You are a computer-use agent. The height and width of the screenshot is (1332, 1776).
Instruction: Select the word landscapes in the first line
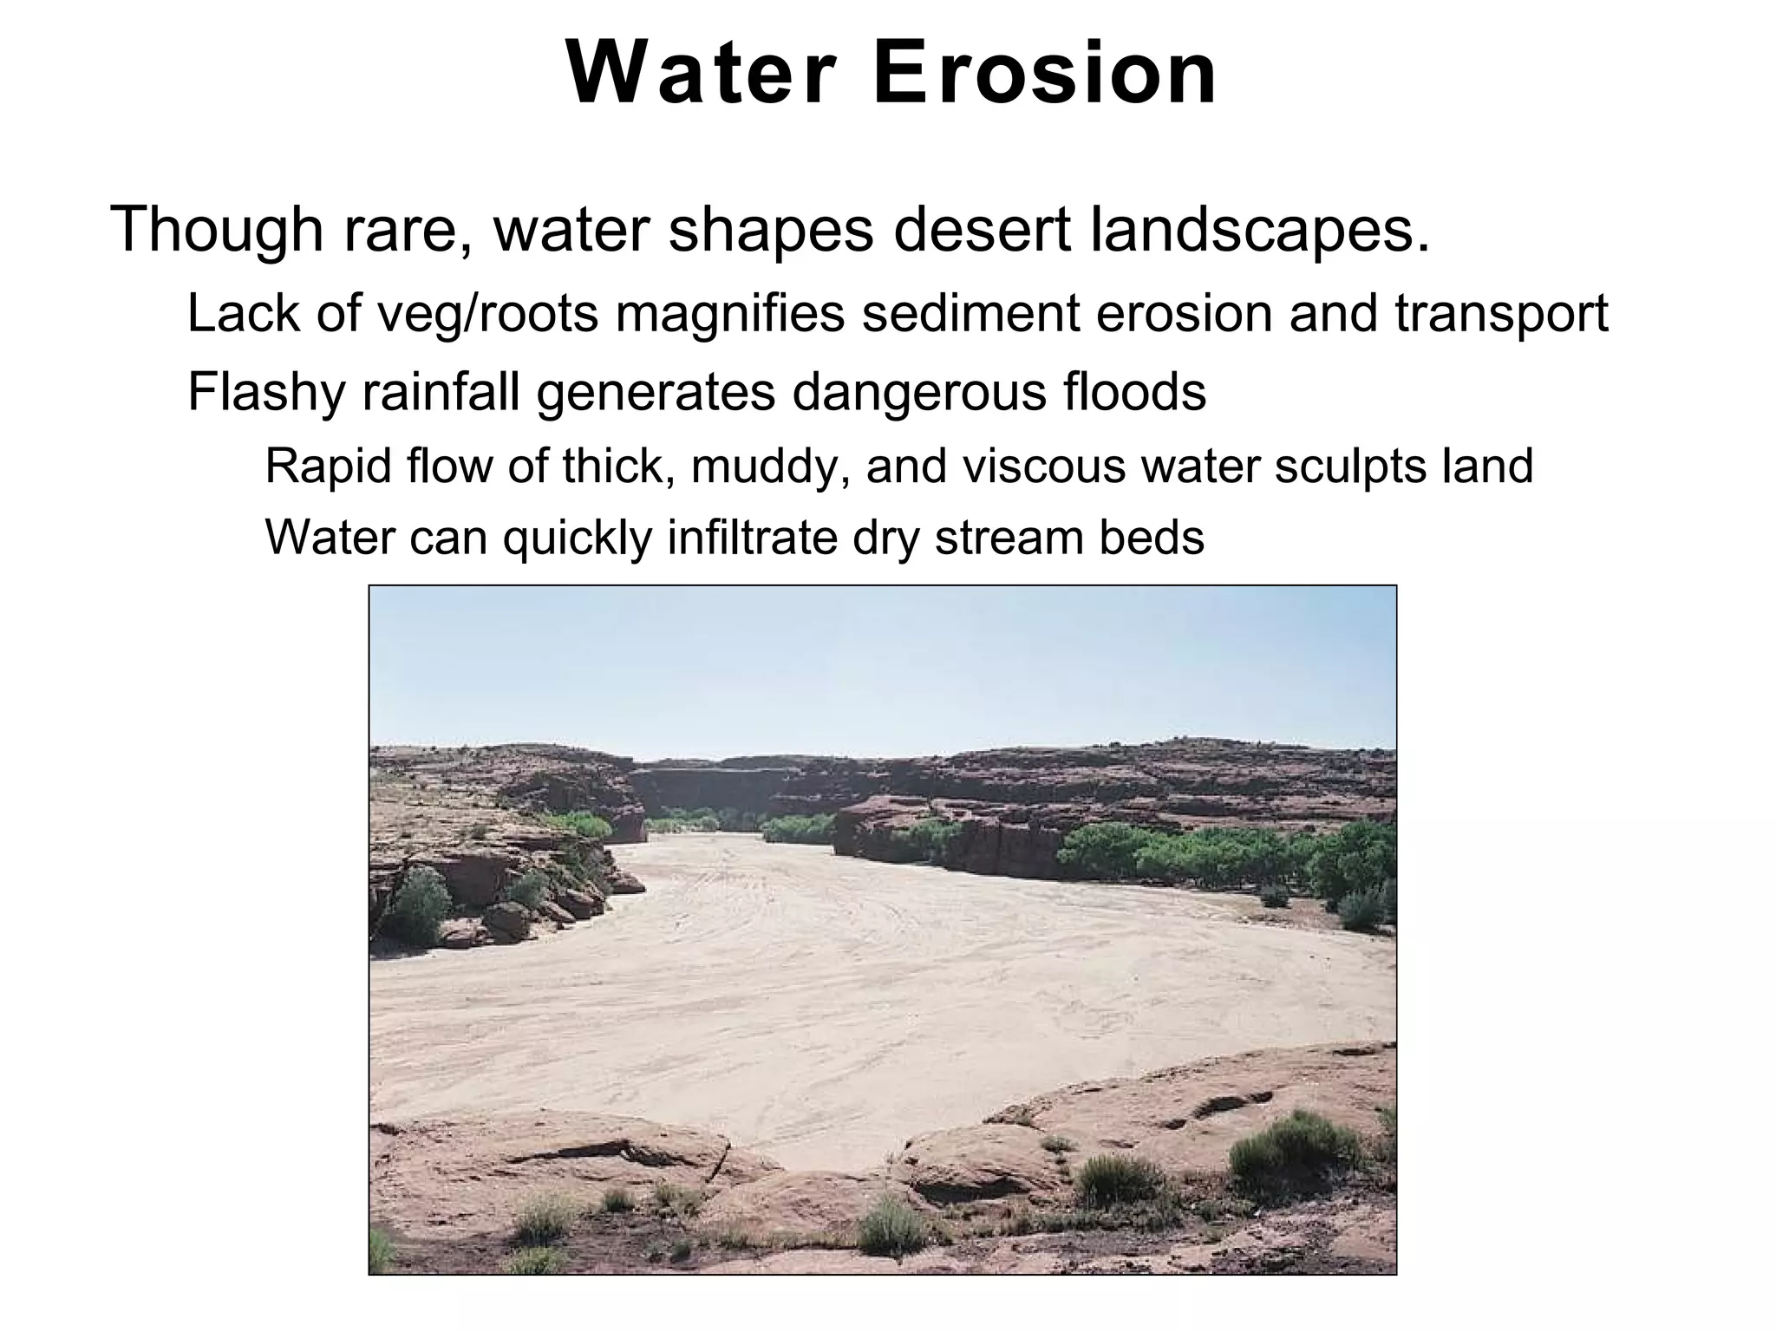coord(1259,231)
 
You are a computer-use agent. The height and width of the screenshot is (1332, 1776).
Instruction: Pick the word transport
coord(1501,314)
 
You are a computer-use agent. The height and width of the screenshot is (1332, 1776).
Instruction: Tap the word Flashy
coord(265,392)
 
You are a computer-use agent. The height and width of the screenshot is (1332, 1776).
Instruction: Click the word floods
coord(1133,392)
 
